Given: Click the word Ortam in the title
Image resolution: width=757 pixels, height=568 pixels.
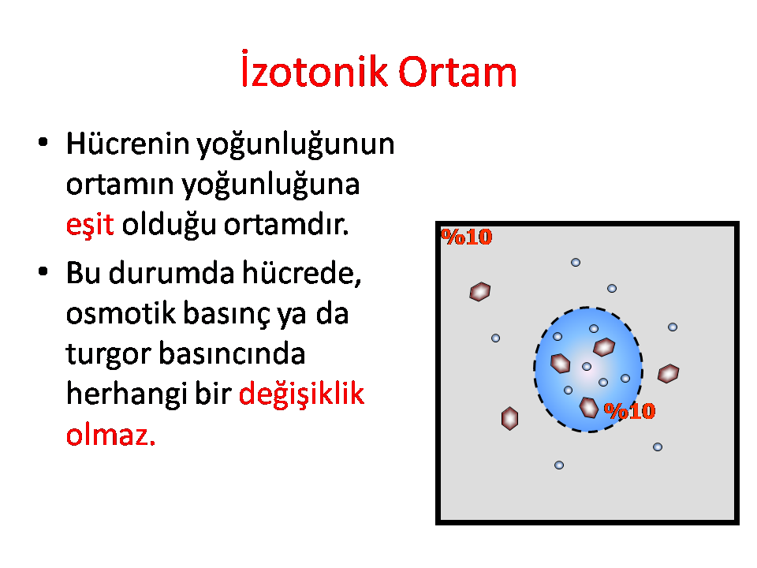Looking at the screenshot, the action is coord(457,72).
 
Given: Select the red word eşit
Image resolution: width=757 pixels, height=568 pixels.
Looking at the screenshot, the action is coord(90,225).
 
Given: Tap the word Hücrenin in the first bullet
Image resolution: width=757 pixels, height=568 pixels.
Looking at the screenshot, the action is coord(128,144).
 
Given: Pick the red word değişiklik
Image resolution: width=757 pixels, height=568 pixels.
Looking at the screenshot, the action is coord(302,393).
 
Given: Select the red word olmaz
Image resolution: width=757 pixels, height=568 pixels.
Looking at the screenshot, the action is coord(111,434).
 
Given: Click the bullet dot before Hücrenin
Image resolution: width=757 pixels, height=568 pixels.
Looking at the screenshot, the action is coord(43,143).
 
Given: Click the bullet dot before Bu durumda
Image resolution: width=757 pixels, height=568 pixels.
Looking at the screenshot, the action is coord(43,271).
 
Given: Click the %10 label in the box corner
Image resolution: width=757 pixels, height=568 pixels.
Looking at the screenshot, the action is coord(466,237).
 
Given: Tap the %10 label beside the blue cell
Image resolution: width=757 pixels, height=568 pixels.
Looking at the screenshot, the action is coord(629,411).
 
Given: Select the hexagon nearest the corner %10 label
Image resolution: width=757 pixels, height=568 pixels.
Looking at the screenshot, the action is coord(480,292).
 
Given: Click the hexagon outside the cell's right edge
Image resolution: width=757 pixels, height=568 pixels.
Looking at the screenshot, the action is coord(669,373).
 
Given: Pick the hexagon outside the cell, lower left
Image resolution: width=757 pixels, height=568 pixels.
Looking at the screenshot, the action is coord(510,418).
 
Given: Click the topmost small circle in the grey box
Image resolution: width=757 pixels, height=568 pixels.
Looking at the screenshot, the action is coord(576,262).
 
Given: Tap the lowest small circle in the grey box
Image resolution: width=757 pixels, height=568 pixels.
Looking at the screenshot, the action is coord(559,465).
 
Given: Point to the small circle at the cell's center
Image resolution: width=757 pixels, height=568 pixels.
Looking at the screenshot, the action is coord(587,367).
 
